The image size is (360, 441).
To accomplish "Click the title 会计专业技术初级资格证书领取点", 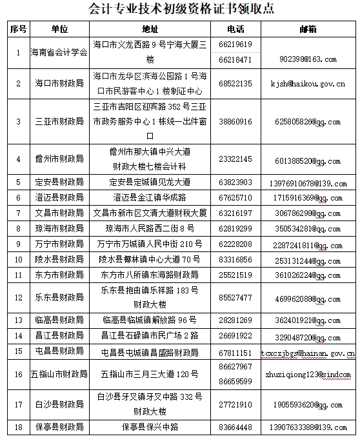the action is tap(180, 9).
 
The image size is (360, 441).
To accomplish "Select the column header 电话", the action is tap(235, 30).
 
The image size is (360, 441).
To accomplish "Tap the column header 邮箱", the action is tap(308, 30).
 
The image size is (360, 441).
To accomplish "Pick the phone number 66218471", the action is tap(235, 59).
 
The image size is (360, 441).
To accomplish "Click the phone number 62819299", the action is tap(235, 228).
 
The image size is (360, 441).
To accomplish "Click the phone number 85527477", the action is tap(235, 298).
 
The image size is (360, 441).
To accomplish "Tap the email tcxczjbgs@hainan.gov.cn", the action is tap(308, 353).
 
